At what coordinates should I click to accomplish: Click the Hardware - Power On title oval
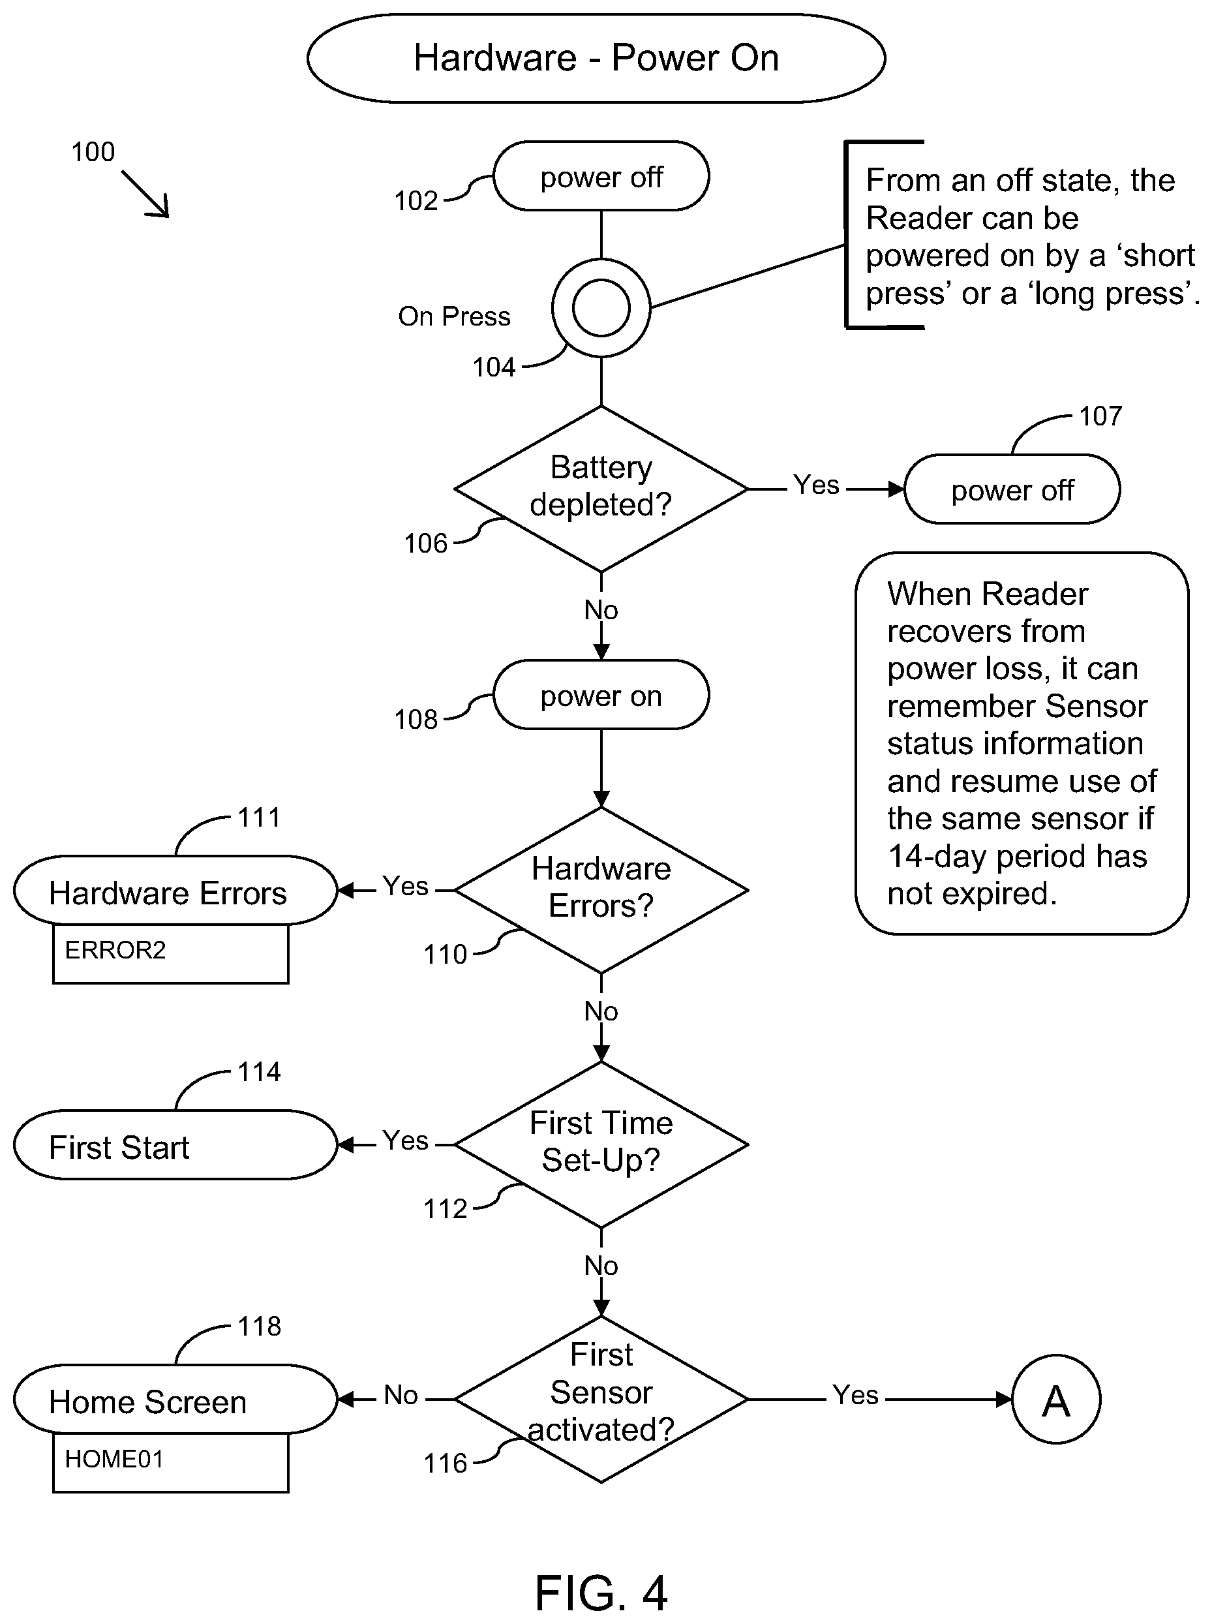tap(596, 58)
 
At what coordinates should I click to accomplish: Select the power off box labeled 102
tap(601, 176)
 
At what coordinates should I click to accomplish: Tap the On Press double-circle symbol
tap(601, 308)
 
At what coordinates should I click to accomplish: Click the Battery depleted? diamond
tap(601, 489)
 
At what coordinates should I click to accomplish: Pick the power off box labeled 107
tap(1012, 489)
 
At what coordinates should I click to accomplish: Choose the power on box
tap(601, 695)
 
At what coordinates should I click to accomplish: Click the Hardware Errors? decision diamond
tap(601, 890)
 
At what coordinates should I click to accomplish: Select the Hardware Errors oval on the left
tap(175, 890)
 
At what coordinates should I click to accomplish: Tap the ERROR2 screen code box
tap(171, 953)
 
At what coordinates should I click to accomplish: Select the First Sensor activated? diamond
tap(601, 1400)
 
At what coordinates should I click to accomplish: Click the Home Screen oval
tap(175, 1400)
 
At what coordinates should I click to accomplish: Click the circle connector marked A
tap(1055, 1400)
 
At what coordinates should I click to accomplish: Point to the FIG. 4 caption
tap(601, 1593)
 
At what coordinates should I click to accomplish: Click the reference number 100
tap(93, 152)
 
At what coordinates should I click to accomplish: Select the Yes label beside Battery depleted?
tap(816, 485)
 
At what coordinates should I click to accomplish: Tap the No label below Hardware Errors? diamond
tap(601, 1011)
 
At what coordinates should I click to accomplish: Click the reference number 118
tap(260, 1326)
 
